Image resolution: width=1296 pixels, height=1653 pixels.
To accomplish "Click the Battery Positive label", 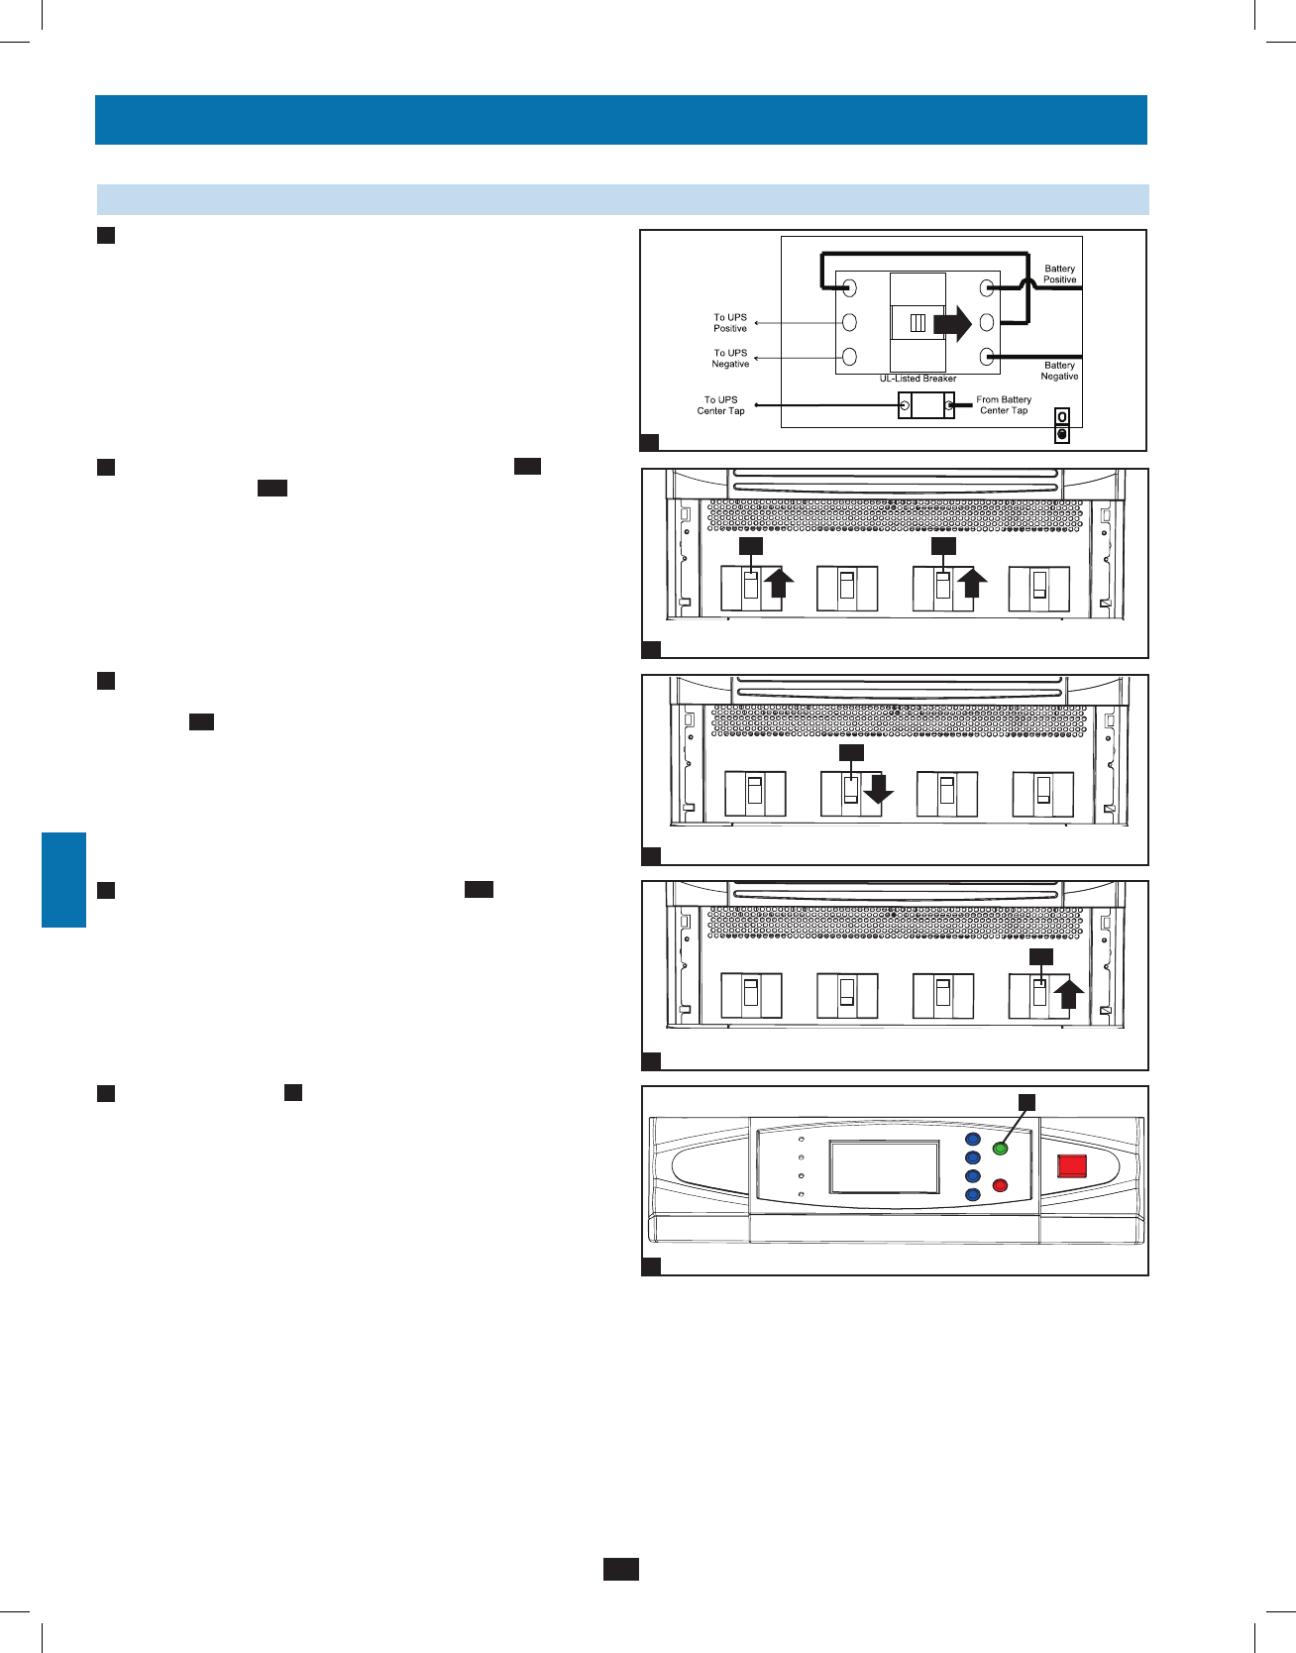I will pos(1059,275).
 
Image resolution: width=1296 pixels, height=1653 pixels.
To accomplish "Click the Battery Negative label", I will pos(1059,371).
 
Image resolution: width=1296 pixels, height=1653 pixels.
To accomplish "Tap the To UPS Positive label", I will pos(730,323).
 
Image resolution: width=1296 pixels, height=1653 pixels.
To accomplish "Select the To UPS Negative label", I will pos(730,359).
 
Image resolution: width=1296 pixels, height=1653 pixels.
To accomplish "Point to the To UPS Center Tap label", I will pos(720,405).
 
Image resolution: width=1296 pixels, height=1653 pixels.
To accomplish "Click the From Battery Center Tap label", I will pos(1004,405).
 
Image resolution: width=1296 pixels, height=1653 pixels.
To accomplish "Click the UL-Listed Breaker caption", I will pos(918,379).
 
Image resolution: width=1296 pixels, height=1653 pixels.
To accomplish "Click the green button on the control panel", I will pos(1000,1149).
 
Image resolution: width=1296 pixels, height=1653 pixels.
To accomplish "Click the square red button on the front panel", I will pos(1072,1165).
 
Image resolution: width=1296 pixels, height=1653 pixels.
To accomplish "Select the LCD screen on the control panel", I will pos(884,1167).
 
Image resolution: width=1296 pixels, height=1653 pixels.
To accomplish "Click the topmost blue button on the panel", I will pos(972,1140).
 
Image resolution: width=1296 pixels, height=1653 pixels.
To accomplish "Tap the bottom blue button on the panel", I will pos(972,1195).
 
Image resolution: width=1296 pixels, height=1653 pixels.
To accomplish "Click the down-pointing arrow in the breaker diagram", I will pos(878,790).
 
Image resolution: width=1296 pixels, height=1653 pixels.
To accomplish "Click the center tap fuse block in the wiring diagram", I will pos(926,405).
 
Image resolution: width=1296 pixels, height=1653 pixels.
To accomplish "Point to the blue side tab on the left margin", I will pos(63,880).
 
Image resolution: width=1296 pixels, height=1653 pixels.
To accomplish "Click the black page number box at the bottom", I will pos(621,1569).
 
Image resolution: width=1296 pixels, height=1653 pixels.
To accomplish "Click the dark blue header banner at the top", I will pos(621,120).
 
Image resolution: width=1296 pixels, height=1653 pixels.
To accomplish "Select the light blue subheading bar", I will pos(622,199).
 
